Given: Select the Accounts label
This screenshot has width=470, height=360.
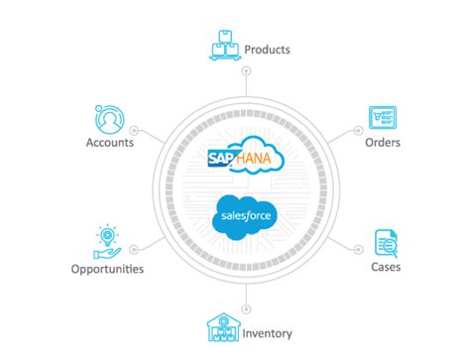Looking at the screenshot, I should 110,142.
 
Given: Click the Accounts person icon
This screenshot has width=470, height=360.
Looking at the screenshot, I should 108,118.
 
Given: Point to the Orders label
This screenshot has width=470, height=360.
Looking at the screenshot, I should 381,143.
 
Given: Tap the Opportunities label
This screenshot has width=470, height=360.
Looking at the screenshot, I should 107,269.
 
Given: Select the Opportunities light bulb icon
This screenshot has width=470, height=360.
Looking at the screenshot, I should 106,238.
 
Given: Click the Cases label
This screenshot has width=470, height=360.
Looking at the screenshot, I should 384,268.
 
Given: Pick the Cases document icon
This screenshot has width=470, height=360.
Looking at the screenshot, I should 385,241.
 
